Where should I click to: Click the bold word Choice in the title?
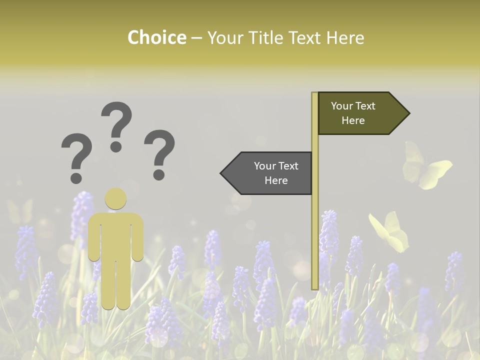point(156,37)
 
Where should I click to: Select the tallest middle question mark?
point(116,125)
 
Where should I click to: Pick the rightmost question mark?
point(159,152)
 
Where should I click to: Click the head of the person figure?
point(115,198)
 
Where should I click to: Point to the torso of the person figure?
point(115,235)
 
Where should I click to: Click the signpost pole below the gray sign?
point(315,240)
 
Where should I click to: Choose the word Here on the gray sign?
point(276,180)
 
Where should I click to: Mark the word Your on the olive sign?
point(341,106)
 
